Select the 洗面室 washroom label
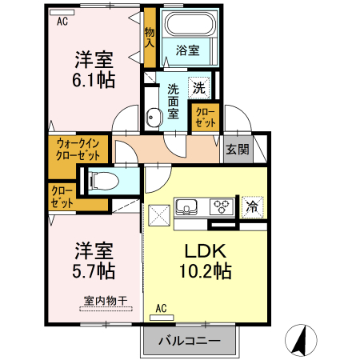[174, 101]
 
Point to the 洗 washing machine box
[198, 85]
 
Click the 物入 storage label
[150, 38]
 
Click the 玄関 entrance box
[236, 150]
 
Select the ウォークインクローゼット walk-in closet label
[78, 150]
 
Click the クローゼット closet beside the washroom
[205, 118]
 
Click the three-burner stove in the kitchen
[221, 207]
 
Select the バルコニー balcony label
[190, 340]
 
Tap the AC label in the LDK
[161, 308]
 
